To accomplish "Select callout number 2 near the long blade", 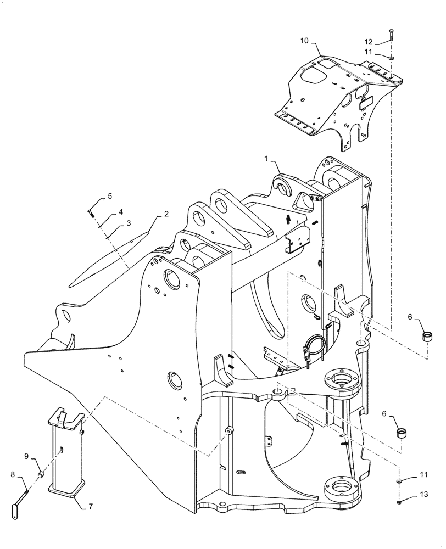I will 165,214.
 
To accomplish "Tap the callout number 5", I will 110,196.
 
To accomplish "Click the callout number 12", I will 369,42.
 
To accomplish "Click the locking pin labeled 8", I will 21,497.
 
